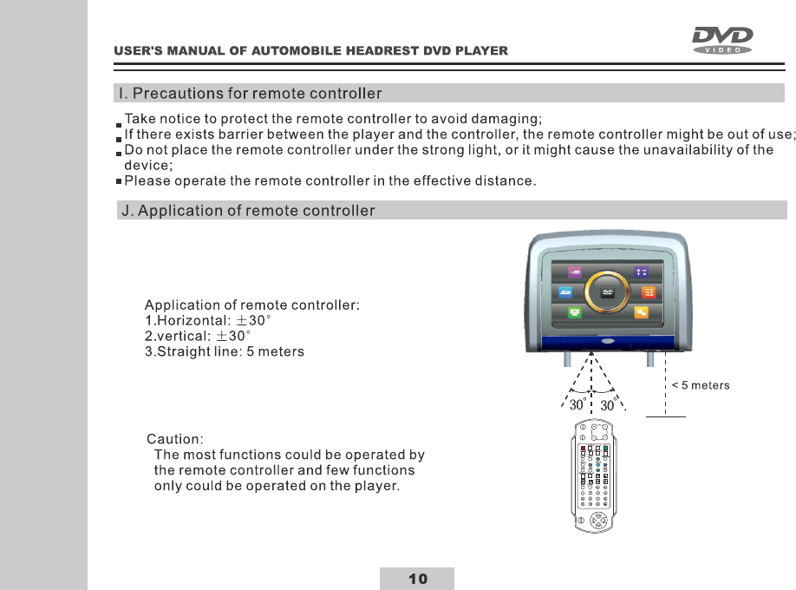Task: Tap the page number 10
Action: coord(417,579)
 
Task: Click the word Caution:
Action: coord(175,439)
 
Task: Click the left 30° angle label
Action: coord(577,405)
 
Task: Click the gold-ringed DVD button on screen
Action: coord(608,292)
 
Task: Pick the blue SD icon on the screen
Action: coord(565,292)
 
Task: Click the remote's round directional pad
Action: coord(597,521)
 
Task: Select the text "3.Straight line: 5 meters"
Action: coord(225,352)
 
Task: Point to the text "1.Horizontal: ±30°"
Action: coord(208,320)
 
